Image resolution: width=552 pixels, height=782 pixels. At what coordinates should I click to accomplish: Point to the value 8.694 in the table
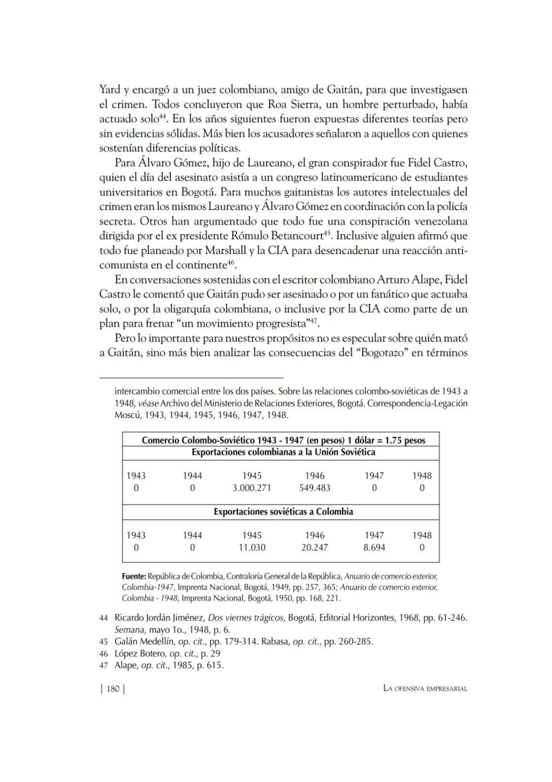(374, 547)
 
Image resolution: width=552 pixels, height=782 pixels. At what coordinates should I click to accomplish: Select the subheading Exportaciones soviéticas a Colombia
(283, 512)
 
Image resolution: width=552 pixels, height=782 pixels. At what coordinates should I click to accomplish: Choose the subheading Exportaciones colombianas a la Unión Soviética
(283, 452)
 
